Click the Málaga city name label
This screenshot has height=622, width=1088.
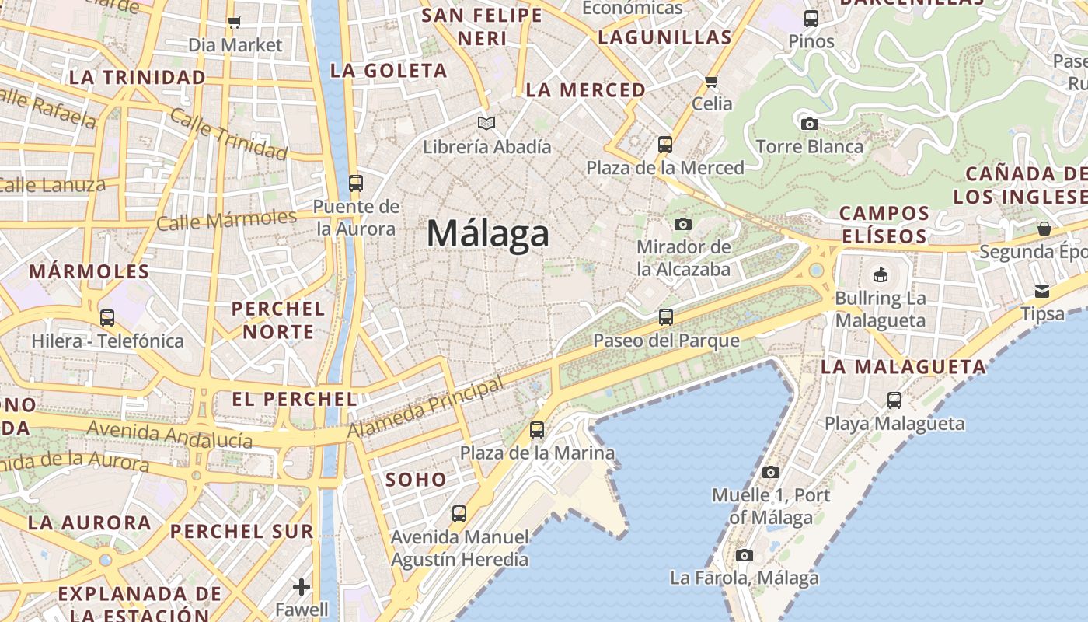(488, 233)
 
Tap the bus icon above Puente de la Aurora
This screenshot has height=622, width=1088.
(355, 183)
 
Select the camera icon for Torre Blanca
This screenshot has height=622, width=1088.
(809, 124)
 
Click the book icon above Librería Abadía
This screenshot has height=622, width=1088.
(486, 123)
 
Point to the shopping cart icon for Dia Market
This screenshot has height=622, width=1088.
(234, 22)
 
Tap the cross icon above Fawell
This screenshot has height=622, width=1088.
(302, 586)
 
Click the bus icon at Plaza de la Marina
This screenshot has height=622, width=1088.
(536, 429)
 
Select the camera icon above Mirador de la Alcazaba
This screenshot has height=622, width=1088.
(683, 224)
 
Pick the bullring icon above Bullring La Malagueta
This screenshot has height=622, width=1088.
(880, 274)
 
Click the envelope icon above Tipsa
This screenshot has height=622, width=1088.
(1041, 292)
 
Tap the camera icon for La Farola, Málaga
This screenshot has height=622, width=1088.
(744, 555)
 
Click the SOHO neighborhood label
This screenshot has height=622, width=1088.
(416, 480)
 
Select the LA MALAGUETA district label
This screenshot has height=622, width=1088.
(903, 367)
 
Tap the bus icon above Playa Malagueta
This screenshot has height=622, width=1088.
(894, 400)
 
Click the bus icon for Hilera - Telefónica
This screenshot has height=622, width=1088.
(107, 317)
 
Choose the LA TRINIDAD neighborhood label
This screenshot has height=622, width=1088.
(138, 77)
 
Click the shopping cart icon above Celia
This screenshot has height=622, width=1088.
(711, 80)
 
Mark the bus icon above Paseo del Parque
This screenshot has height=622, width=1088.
(666, 316)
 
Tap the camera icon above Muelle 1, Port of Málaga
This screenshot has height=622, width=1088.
(771, 472)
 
